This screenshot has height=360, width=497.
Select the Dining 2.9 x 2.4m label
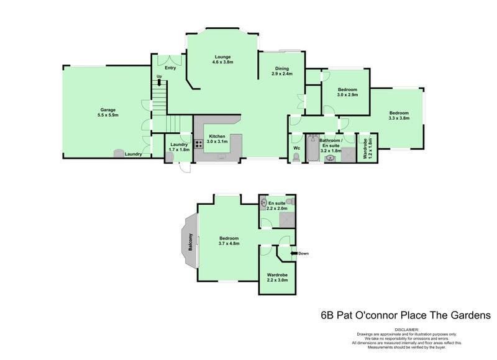281,71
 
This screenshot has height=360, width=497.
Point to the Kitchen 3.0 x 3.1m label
217,138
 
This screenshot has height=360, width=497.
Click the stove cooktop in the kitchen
199,145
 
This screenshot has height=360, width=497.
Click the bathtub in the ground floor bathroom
312,149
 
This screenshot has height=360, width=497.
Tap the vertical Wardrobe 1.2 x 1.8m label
368,149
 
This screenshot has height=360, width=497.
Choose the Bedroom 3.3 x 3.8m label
398,115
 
